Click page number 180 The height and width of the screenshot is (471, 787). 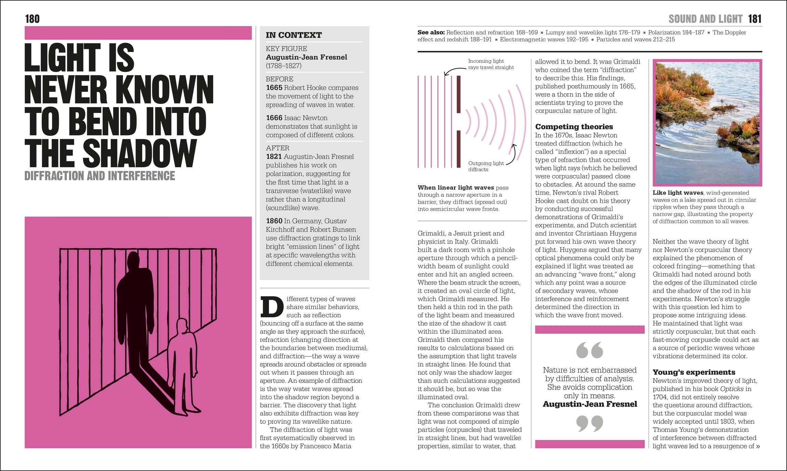tap(32, 19)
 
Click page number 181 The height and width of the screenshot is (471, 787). tap(755, 19)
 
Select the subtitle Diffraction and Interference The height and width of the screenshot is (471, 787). tap(99, 176)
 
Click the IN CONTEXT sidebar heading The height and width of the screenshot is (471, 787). tap(294, 35)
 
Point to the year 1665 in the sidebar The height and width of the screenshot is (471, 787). tap(274, 88)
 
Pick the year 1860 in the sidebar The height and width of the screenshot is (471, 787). tap(274, 221)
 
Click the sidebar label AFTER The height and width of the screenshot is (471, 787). tap(277, 148)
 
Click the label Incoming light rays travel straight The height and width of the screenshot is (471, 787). tap(491, 64)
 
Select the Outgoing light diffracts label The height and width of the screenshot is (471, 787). tap(486, 166)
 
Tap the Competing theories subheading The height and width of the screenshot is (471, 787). tap(574, 127)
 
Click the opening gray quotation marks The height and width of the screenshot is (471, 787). tap(589, 350)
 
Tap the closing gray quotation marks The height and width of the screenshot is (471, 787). tap(589, 423)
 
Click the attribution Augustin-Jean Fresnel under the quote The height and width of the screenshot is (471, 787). tap(590, 404)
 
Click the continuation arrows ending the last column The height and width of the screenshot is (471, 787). tap(758, 446)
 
